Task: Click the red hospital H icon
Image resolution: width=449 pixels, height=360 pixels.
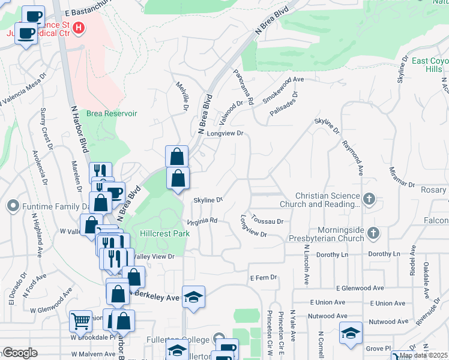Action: click(x=79, y=28)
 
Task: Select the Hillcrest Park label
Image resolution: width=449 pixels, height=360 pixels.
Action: click(x=164, y=233)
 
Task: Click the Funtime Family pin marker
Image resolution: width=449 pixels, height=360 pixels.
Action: click(x=13, y=207)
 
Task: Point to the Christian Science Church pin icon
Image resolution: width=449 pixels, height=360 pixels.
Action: click(x=369, y=199)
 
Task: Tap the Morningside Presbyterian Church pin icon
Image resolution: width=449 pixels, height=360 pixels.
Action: click(x=373, y=232)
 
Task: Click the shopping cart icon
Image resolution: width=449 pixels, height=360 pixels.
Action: click(x=80, y=321)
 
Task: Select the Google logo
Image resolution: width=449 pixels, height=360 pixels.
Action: click(x=20, y=353)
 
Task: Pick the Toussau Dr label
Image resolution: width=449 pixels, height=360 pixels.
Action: click(x=267, y=221)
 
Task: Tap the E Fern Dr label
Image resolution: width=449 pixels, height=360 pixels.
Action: click(x=264, y=277)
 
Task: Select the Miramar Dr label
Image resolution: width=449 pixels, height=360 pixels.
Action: click(x=402, y=175)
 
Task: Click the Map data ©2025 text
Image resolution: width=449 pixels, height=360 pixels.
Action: click(x=423, y=355)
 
